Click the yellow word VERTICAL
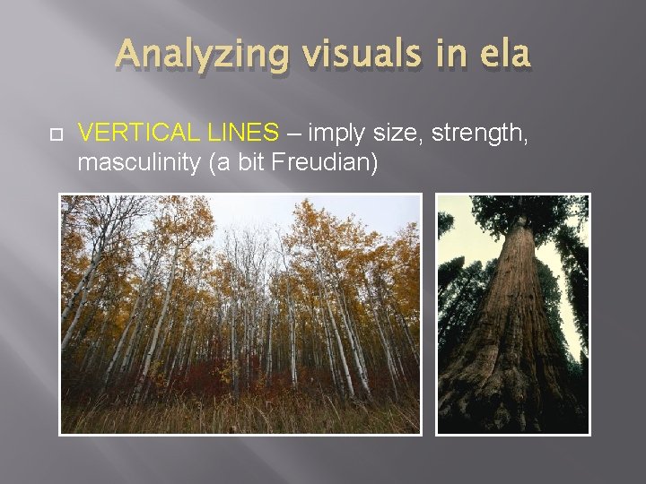(x=135, y=134)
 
